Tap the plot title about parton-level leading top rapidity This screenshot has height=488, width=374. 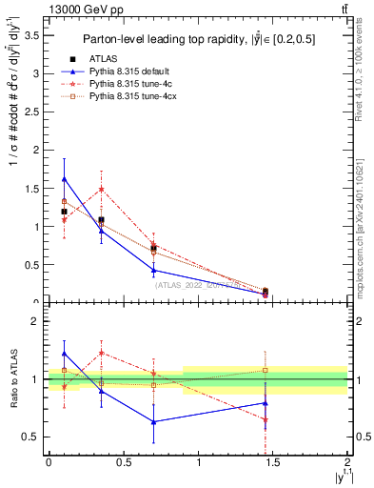click(197, 39)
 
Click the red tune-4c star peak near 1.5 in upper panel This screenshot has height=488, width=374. click(102, 189)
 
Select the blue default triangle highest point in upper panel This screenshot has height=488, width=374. click(64, 179)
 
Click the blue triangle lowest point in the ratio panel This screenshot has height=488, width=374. click(154, 421)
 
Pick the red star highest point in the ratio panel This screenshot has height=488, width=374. click(102, 353)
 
